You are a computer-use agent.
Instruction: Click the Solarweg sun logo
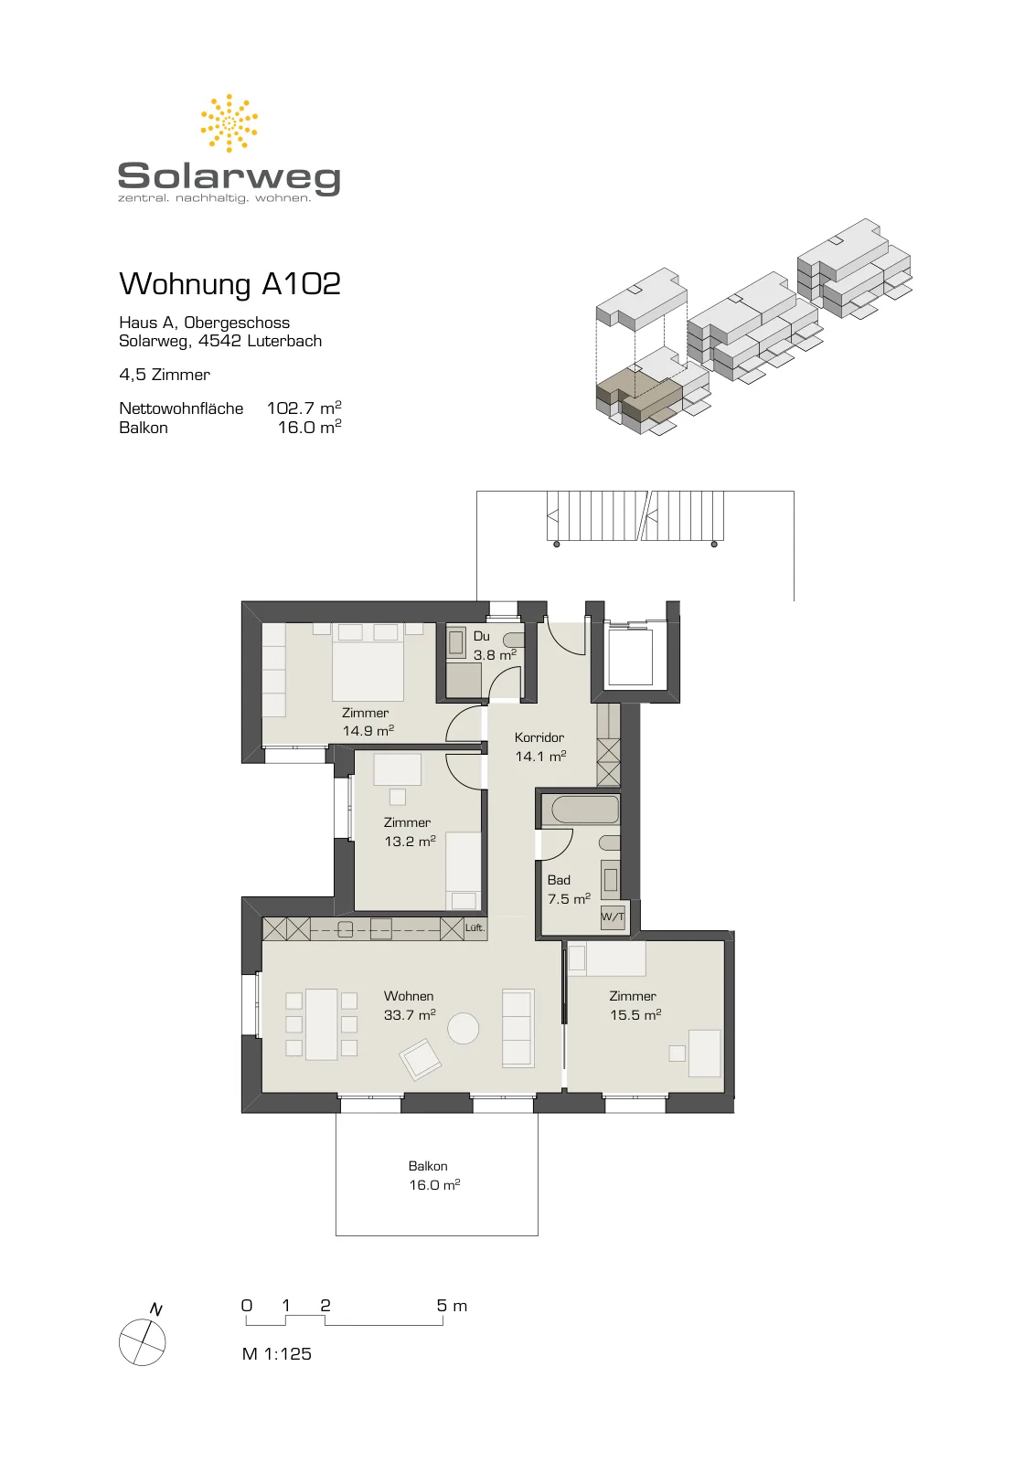(x=229, y=122)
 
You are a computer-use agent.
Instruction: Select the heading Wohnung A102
(x=229, y=284)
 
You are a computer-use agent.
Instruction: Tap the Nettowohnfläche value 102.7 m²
(x=304, y=408)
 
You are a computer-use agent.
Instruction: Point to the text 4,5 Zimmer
(x=165, y=375)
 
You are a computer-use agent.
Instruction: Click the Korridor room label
(x=539, y=737)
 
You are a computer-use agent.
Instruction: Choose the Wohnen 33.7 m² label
(x=410, y=1005)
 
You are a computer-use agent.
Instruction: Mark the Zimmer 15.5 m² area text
(x=635, y=1005)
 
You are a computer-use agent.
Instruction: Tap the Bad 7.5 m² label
(x=569, y=889)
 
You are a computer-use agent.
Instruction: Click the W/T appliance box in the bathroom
(x=613, y=917)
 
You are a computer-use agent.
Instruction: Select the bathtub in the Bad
(x=585, y=810)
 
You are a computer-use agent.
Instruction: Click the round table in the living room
(x=463, y=1028)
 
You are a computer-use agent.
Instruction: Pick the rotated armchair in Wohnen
(x=420, y=1060)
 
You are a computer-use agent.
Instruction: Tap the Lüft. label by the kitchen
(x=475, y=927)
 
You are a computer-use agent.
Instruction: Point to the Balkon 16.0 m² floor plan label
(x=434, y=1175)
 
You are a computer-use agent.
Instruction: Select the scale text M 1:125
(x=276, y=1353)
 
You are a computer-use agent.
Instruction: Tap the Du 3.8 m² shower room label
(x=495, y=645)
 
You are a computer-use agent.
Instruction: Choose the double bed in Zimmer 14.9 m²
(x=368, y=662)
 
